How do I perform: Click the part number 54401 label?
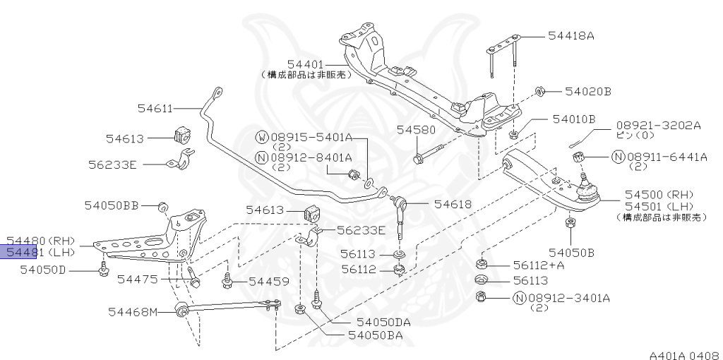(x=306, y=64)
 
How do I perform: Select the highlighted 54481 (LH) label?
(x=40, y=252)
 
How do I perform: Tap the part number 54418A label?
(x=571, y=35)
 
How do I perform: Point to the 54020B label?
(x=587, y=91)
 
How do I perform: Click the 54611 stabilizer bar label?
(x=155, y=108)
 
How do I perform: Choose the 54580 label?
(x=417, y=130)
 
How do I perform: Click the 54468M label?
(x=133, y=311)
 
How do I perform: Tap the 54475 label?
(x=138, y=280)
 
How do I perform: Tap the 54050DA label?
(x=383, y=322)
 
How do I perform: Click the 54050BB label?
(x=112, y=205)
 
